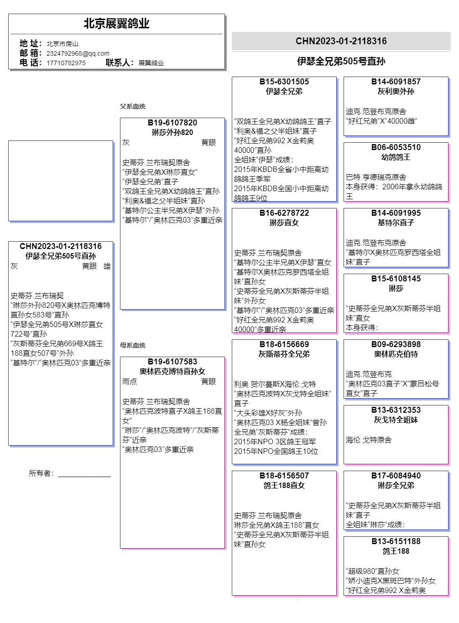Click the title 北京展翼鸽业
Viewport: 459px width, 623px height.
click(116, 24)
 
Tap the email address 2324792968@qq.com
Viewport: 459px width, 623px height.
click(78, 53)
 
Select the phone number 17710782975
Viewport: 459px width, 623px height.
click(66, 63)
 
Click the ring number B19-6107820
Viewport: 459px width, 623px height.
click(172, 123)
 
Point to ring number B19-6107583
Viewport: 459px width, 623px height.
click(172, 362)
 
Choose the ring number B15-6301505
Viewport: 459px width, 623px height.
click(284, 82)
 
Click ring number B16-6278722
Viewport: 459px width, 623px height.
click(284, 213)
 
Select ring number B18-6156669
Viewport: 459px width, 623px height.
click(284, 344)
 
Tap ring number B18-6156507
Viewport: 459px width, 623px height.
click(284, 476)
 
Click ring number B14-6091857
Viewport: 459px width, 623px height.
click(396, 82)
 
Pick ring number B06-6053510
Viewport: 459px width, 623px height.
click(396, 147)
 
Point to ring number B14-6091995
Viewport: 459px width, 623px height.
click(396, 213)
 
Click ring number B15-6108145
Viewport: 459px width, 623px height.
click(396, 279)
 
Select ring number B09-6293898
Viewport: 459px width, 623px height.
click(396, 344)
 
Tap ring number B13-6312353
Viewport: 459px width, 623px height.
click(396, 410)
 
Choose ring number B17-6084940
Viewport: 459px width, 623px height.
click(396, 476)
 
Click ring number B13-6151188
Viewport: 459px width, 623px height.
click(396, 541)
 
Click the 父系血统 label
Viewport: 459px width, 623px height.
click(133, 106)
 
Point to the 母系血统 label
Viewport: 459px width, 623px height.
click(133, 345)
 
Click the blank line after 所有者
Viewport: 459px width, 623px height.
click(84, 474)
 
